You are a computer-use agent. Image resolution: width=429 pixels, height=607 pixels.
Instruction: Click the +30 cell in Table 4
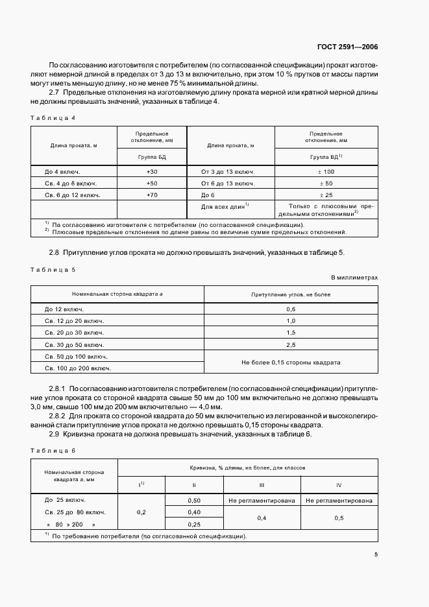(152, 172)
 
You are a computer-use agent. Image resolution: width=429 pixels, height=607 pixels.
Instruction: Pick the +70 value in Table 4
(152, 195)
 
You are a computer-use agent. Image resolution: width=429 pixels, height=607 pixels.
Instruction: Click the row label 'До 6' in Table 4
(207, 195)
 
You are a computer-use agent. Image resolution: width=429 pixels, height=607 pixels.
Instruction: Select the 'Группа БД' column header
(152, 156)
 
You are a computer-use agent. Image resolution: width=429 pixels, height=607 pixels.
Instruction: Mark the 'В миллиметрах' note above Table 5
(354, 278)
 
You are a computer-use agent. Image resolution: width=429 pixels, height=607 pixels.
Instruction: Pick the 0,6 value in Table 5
(291, 309)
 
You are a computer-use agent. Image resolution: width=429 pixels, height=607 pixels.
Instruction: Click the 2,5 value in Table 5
(291, 344)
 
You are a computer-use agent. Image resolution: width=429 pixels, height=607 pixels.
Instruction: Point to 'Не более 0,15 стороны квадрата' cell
(291, 363)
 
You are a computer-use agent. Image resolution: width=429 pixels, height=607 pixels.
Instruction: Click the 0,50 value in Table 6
(193, 500)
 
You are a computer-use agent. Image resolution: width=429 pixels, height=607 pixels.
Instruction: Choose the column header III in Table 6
(261, 484)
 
